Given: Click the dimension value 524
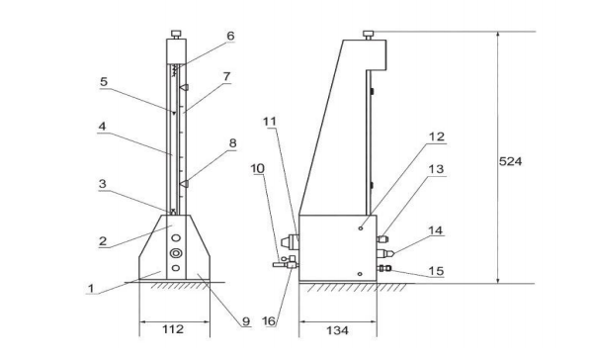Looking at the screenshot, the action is pos(510,161).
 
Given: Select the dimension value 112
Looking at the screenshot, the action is pos(173,329).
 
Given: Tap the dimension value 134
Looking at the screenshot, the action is pos(337,331).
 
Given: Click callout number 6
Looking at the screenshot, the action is pos(230,36).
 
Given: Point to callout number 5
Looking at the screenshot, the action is pos(104,82).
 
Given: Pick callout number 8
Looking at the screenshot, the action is pos(232,143).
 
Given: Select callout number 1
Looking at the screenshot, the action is pos(90,289).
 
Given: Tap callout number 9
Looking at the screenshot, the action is pos(246,321).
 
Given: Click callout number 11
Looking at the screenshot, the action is pos(270,122).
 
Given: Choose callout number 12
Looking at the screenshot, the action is pos(437,136).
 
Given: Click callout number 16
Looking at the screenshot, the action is pos(269,321).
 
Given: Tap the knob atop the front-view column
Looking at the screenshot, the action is pos(176,35).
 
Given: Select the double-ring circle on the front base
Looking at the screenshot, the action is pos(176,253).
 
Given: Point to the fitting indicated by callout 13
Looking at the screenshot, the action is pos(382,239).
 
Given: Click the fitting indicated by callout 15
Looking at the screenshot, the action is pos(384,268).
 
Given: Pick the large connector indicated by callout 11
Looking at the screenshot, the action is pos(290,241).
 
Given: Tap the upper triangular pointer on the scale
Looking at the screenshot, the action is pos(184,88).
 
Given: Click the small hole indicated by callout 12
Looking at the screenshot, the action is pos(361,228).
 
